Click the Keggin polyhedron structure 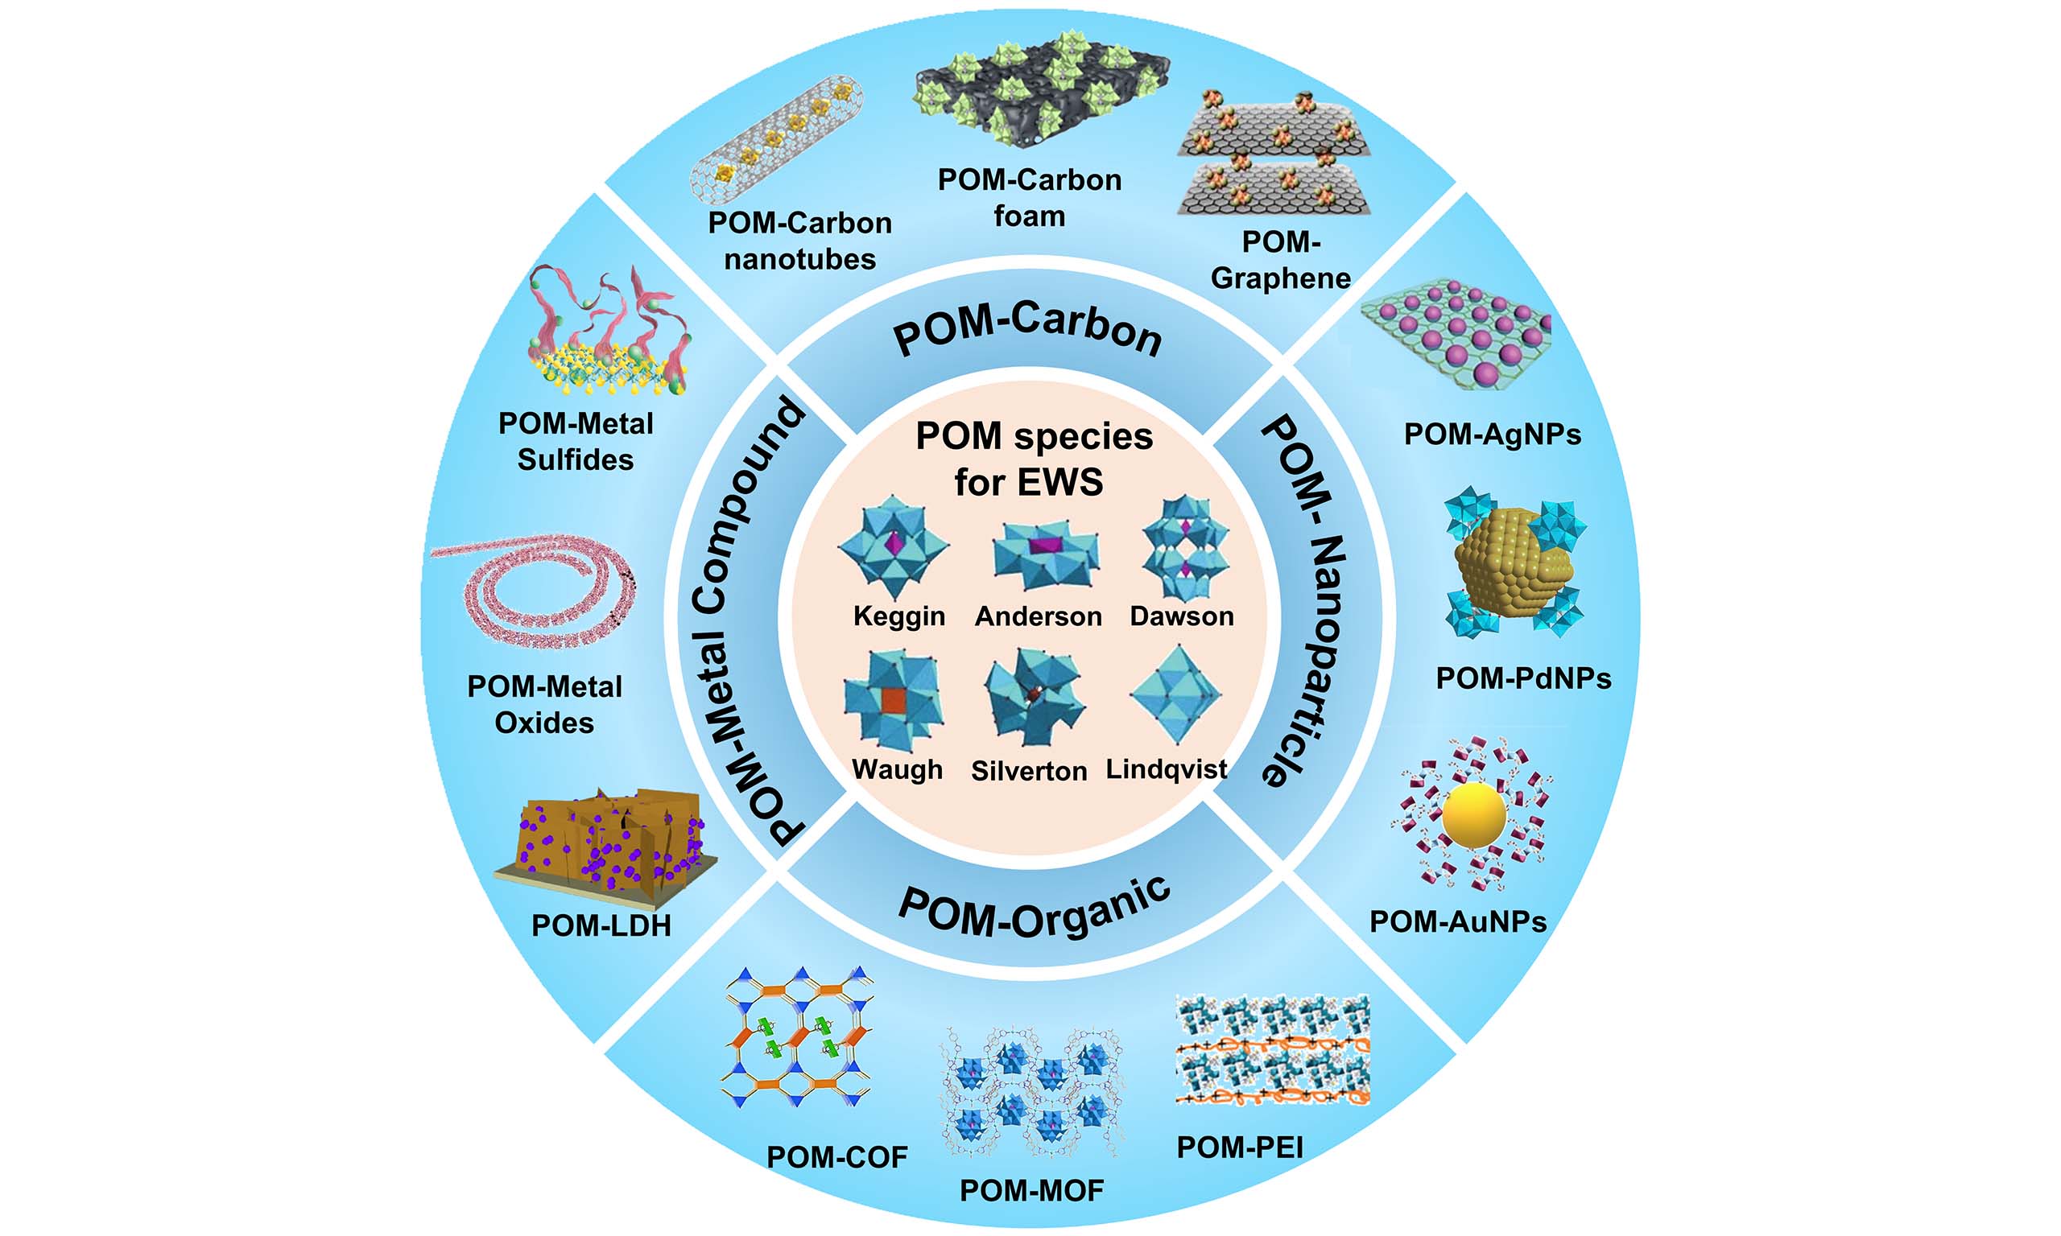pyautogui.click(x=894, y=546)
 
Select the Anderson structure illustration pyautogui.click(x=1047, y=554)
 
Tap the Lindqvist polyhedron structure pyautogui.click(x=1175, y=694)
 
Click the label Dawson pyautogui.click(x=1181, y=616)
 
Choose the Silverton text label pyautogui.click(x=1029, y=771)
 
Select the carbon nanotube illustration pyautogui.click(x=776, y=138)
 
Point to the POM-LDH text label pyautogui.click(x=601, y=925)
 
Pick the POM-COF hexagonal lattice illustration pyautogui.click(x=798, y=1036)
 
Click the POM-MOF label pyautogui.click(x=1031, y=1190)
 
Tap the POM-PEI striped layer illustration pyautogui.click(x=1272, y=1049)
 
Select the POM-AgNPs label pyautogui.click(x=1492, y=434)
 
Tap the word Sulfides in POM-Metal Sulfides pyautogui.click(x=576, y=459)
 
